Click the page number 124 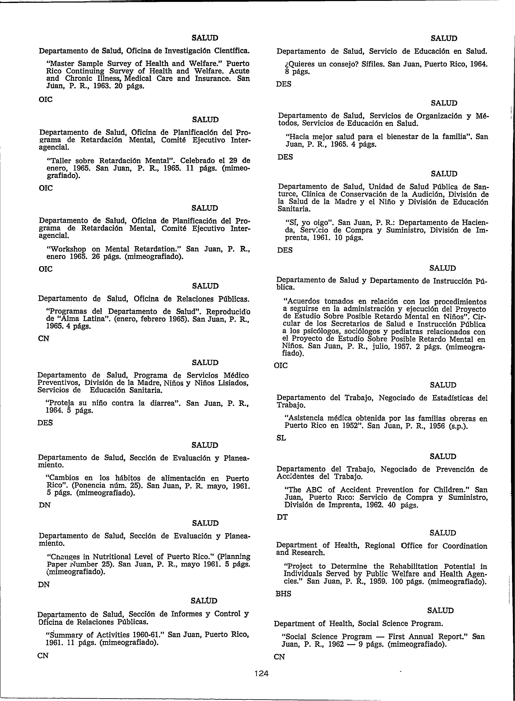[261, 673]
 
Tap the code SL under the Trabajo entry [281, 438]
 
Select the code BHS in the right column [283, 594]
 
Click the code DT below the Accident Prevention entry [282, 517]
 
